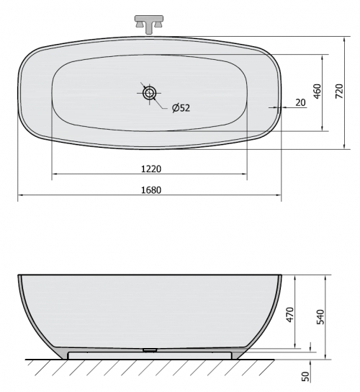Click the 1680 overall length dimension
[151, 190]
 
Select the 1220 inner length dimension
[151, 169]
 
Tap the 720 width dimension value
[339, 91]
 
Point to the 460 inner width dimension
[317, 92]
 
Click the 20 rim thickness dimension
[300, 102]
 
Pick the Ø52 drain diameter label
[181, 108]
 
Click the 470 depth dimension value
[290, 314]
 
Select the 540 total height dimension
[320, 317]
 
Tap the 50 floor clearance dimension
[305, 376]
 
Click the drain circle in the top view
[149, 93]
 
